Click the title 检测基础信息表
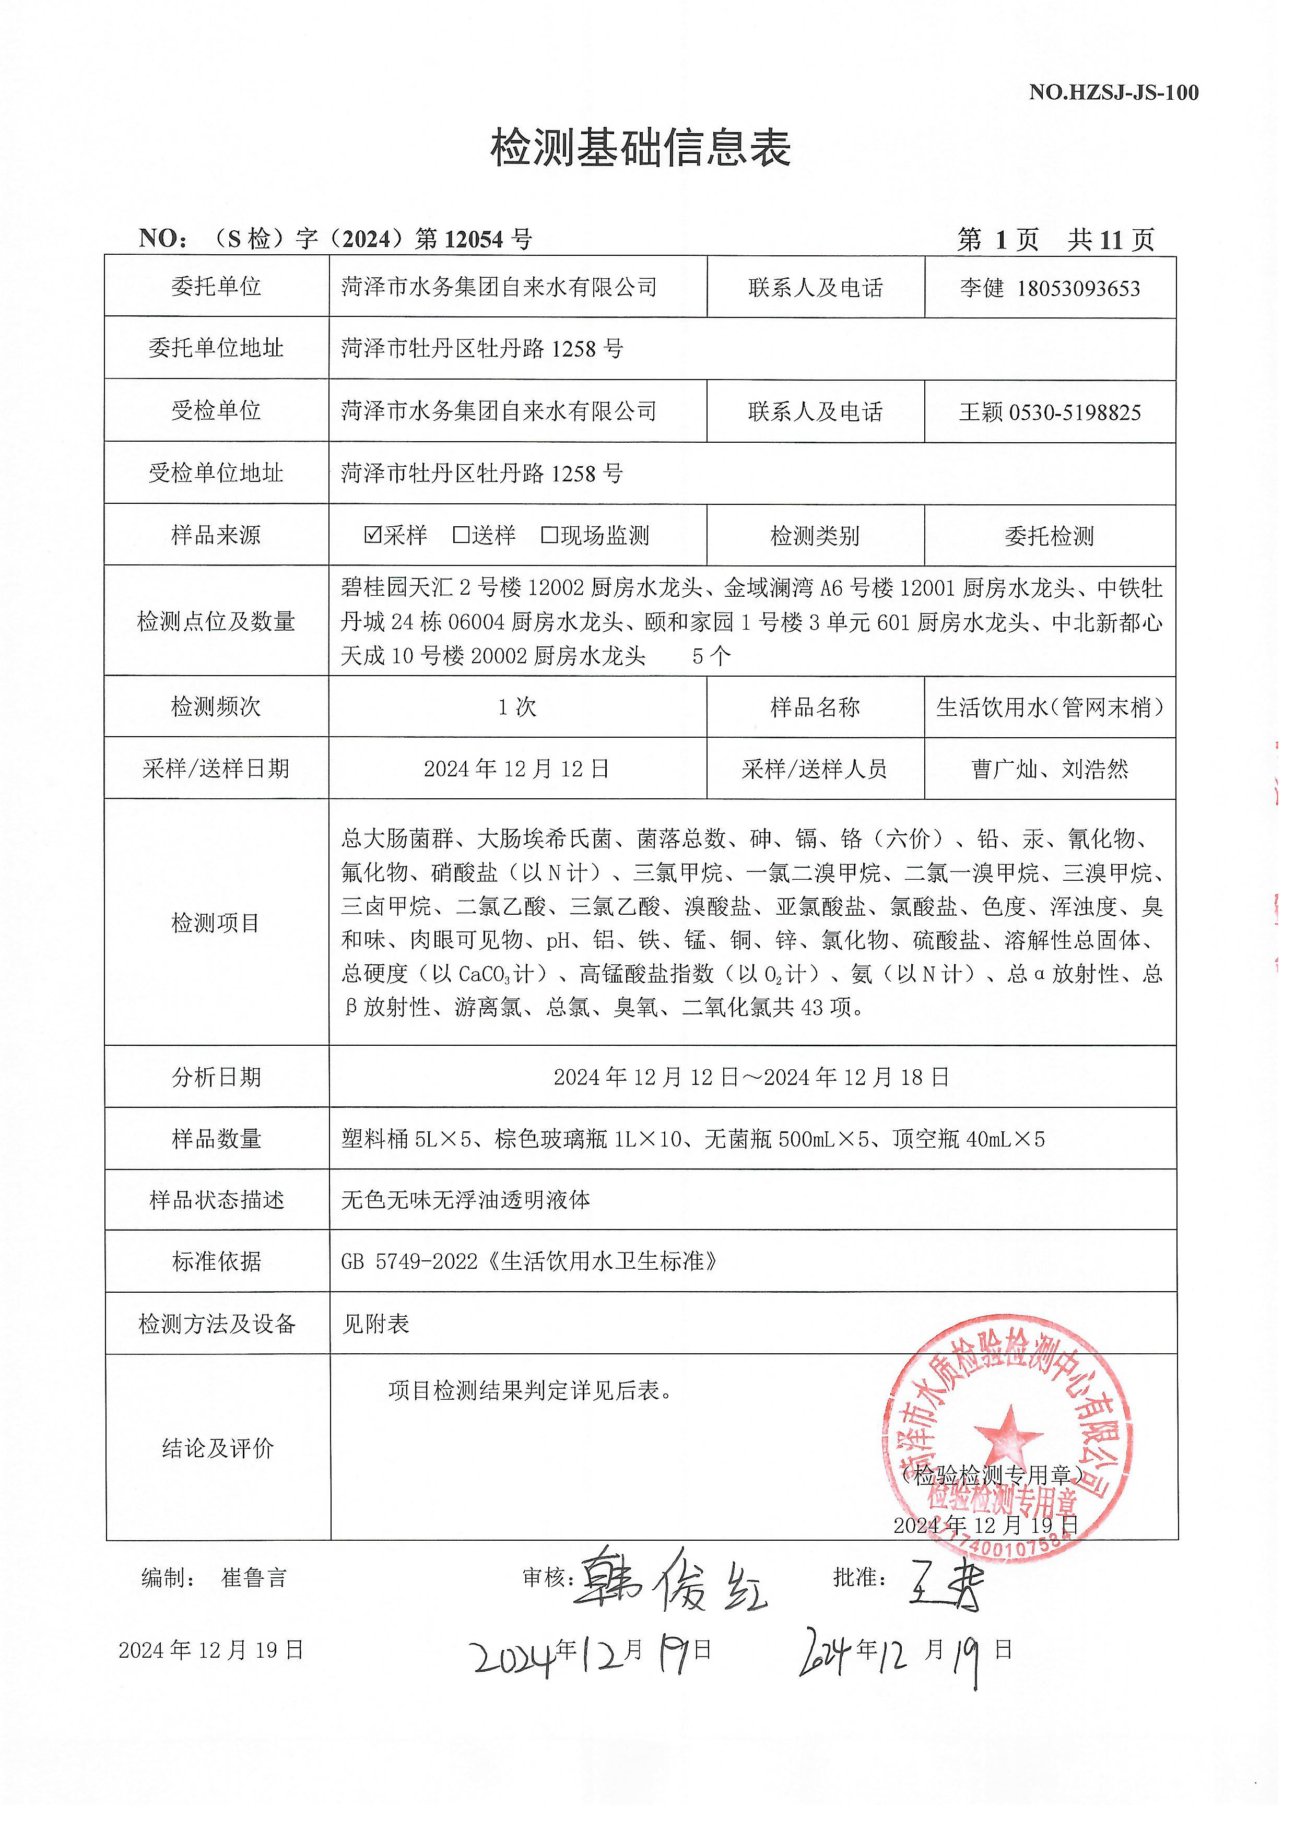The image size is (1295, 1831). click(x=641, y=149)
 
